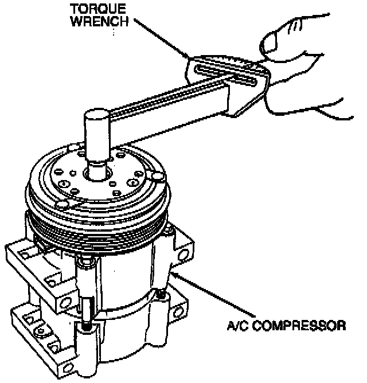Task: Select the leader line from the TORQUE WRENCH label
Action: (x=161, y=38)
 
